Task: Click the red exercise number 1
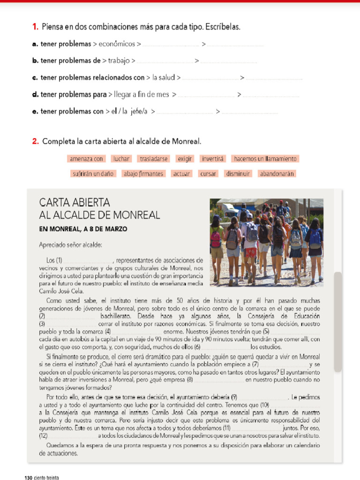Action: point(35,27)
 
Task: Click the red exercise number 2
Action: point(35,141)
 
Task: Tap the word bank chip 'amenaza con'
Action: point(86,159)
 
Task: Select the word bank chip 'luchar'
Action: point(121,159)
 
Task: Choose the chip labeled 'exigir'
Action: point(185,159)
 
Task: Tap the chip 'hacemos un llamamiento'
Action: point(265,159)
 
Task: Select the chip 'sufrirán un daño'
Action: point(93,173)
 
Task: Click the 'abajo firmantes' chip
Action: point(143,173)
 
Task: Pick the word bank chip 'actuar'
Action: point(181,173)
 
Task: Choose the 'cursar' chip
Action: point(208,173)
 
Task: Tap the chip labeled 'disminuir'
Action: point(238,173)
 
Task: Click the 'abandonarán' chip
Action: point(277,173)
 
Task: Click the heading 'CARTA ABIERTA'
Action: point(75,203)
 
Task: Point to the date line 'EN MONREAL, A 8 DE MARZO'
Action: point(83,229)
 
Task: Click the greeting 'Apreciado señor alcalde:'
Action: point(70,245)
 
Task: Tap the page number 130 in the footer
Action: point(28,477)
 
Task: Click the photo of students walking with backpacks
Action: point(266,242)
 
